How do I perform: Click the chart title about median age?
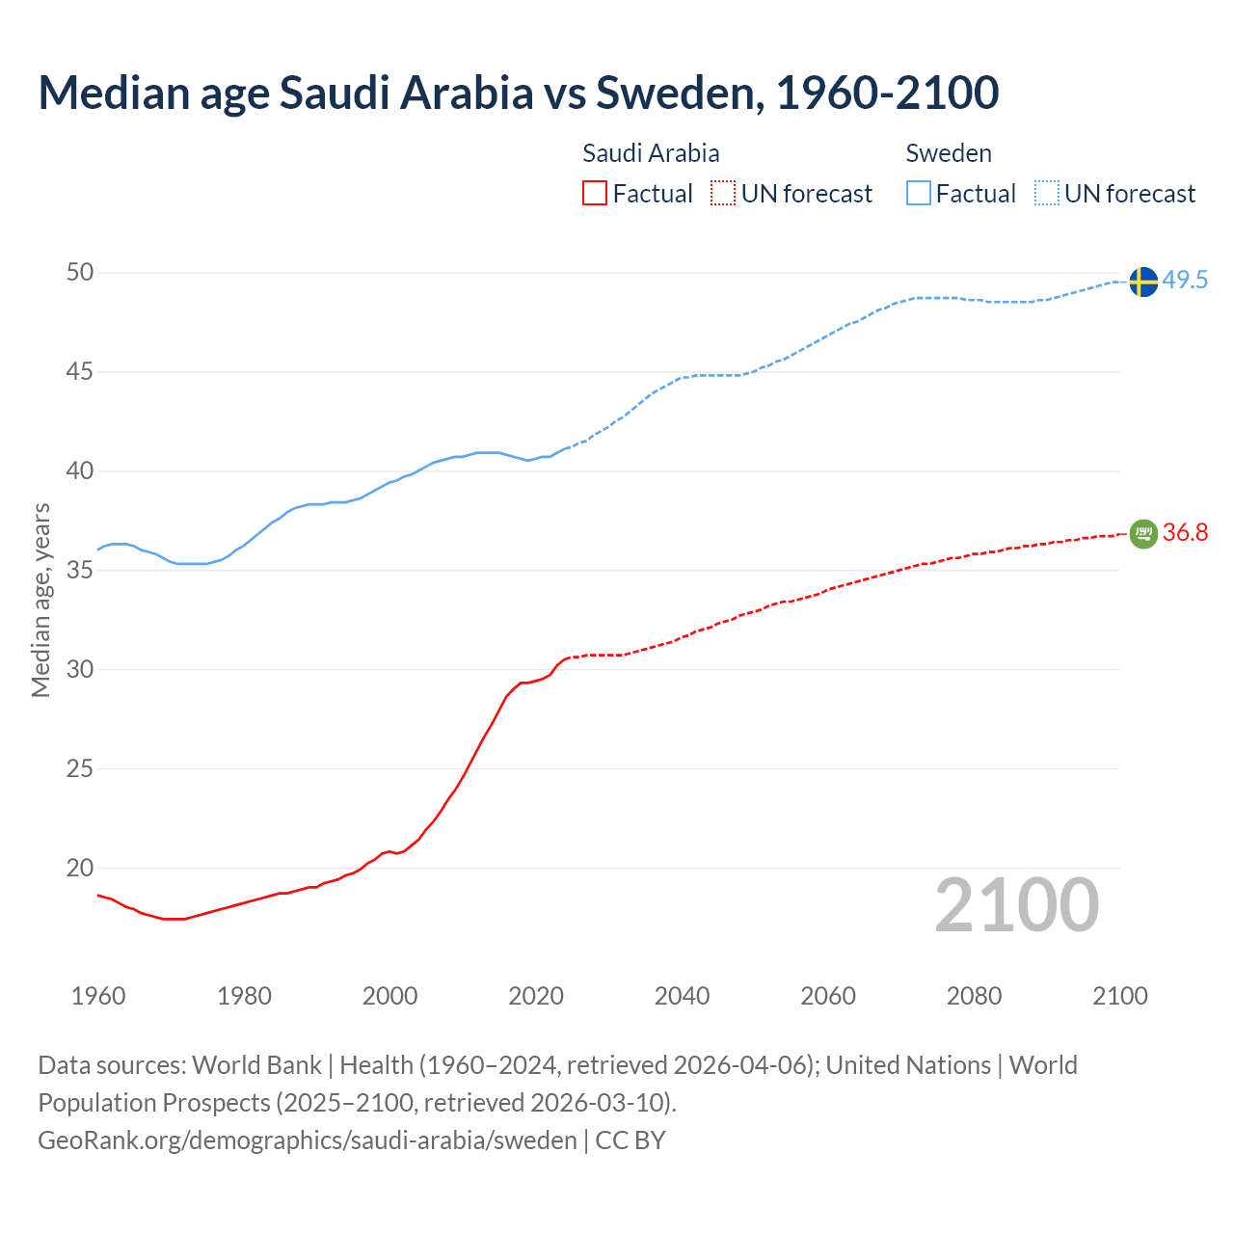click(518, 93)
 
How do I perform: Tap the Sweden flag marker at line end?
click(1142, 282)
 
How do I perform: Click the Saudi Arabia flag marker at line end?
click(1142, 533)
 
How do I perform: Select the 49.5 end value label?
click(1185, 281)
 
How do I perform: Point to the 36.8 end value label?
click(1185, 532)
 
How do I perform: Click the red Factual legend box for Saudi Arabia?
click(595, 194)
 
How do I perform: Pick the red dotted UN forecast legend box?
click(723, 194)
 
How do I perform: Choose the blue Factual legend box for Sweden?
click(919, 194)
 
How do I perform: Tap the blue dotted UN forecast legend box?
click(1046, 194)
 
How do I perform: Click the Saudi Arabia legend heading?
click(651, 153)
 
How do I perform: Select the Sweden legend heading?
click(949, 153)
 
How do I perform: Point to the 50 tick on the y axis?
click(80, 273)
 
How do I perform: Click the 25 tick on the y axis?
click(80, 769)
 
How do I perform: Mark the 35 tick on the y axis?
click(80, 571)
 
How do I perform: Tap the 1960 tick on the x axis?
click(98, 996)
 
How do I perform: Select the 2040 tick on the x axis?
click(682, 996)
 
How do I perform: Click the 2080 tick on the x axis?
click(974, 996)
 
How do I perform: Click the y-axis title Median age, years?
click(40, 600)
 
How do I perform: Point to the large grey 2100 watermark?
click(1016, 905)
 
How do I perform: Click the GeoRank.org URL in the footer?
click(307, 1140)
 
